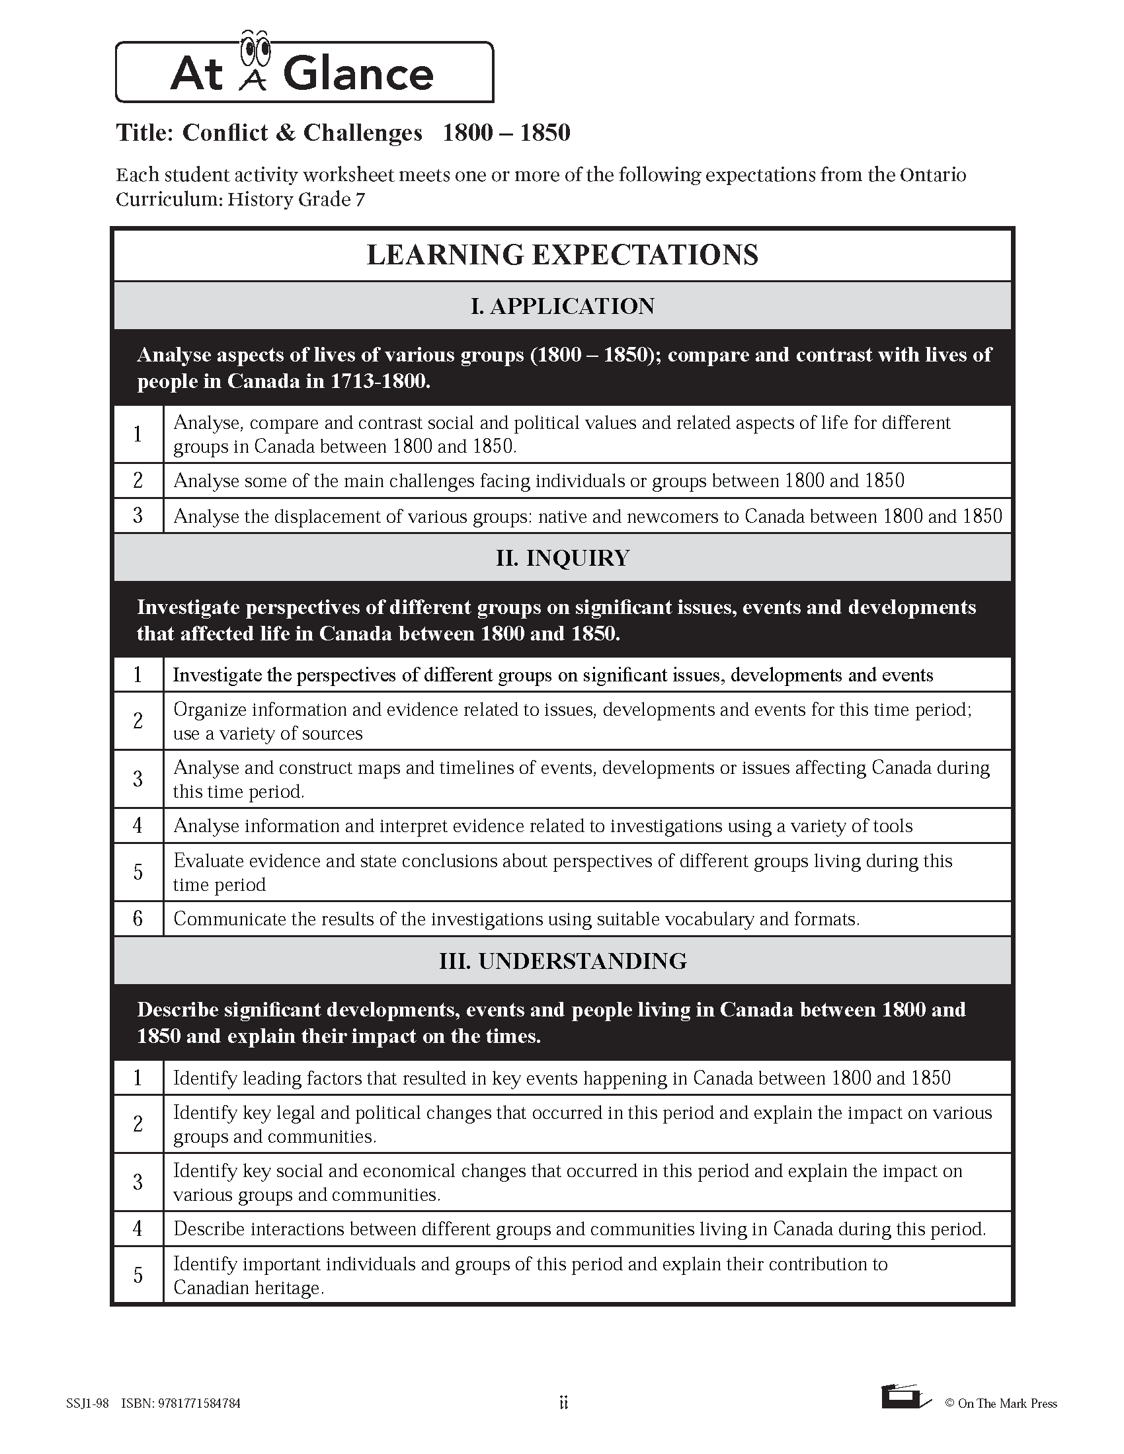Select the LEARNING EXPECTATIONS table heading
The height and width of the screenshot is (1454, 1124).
pyautogui.click(x=562, y=255)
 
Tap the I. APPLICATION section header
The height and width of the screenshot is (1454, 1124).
pyautogui.click(x=562, y=306)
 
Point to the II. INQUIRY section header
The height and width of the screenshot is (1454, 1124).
pyautogui.click(x=562, y=558)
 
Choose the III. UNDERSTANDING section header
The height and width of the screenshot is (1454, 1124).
pyautogui.click(x=562, y=961)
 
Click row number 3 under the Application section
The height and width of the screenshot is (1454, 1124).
pyautogui.click(x=138, y=516)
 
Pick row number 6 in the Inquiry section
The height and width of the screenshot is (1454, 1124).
pyautogui.click(x=138, y=919)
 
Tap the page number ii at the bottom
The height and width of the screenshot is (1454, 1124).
pyautogui.click(x=563, y=1403)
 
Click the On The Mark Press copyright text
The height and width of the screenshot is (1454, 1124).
pyautogui.click(x=1001, y=1404)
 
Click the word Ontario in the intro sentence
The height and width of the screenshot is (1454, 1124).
pyautogui.click(x=932, y=175)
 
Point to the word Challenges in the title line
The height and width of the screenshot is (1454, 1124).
pyautogui.click(x=362, y=133)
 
